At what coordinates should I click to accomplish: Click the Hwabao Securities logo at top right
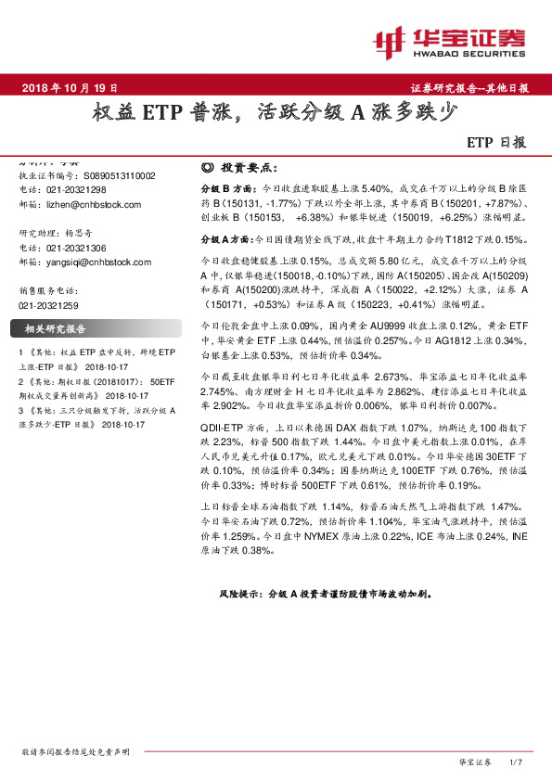point(448,40)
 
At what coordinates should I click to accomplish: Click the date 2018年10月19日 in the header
point(69,87)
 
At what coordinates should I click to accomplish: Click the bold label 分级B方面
point(222,186)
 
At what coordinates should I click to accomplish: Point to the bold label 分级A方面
point(222,239)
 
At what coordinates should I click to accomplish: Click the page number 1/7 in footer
point(517,762)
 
